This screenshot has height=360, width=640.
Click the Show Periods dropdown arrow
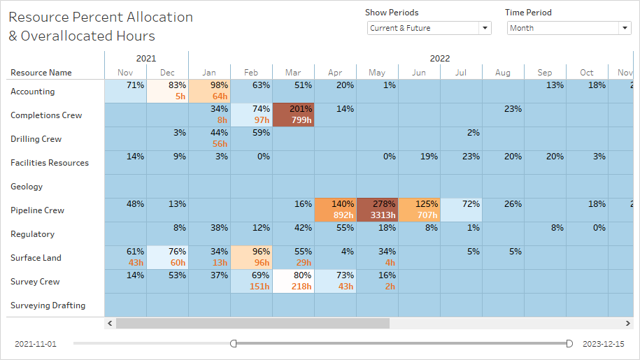pos(485,28)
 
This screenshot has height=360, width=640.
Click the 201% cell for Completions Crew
pos(293,115)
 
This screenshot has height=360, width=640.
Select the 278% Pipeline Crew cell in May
pos(377,210)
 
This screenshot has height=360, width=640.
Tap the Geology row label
pos(27,187)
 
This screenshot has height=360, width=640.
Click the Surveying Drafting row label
pos(48,305)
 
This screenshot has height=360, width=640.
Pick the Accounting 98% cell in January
pos(209,91)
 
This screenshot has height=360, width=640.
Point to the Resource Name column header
pos(41,73)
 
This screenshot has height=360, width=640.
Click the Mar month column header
pos(293,73)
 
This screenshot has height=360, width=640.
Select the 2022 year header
pos(440,59)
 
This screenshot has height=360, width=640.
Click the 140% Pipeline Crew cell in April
pos(335,210)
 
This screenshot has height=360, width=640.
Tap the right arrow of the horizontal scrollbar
pos(627,324)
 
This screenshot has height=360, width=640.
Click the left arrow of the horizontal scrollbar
pos(110,324)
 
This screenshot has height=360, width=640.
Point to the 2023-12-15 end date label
pos(603,344)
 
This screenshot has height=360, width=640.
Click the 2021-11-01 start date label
pos(35,344)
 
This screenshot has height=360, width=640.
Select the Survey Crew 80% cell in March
pos(293,281)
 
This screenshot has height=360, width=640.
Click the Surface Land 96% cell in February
pos(251,257)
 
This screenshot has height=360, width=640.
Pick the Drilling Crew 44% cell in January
pos(209,138)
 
